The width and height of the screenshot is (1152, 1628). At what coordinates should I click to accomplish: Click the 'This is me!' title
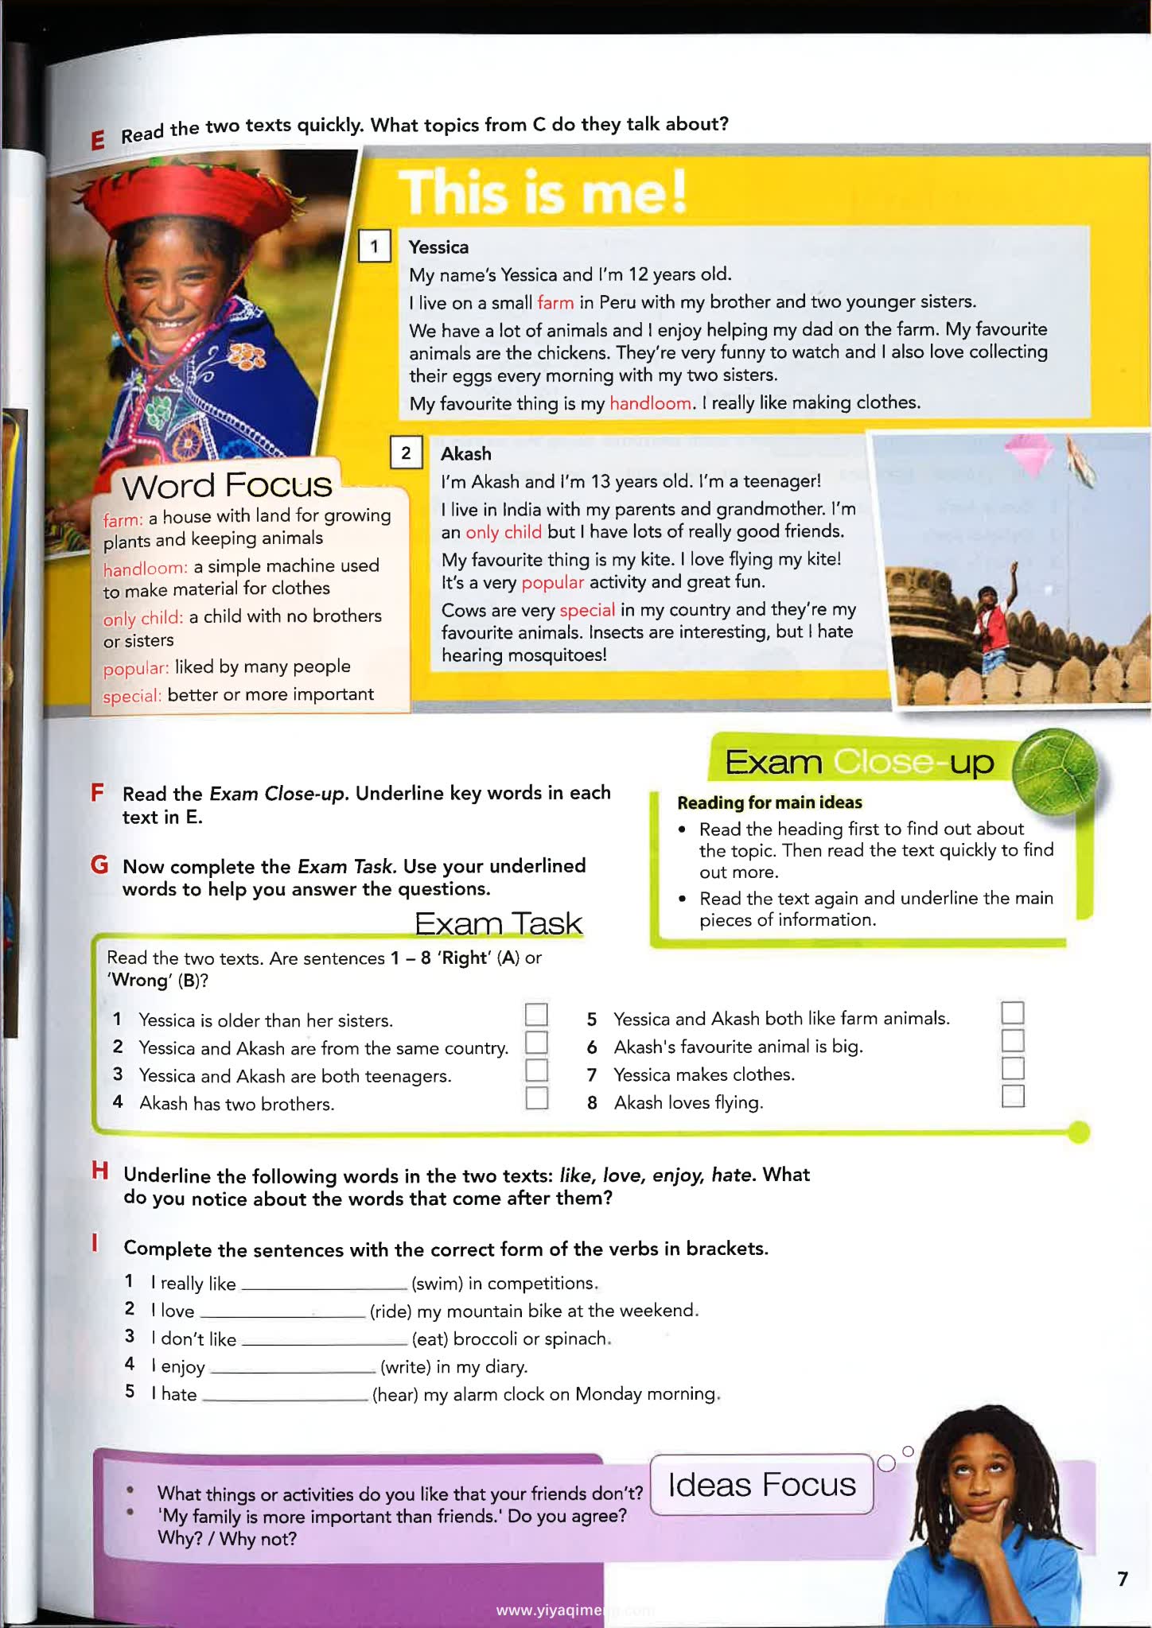tap(543, 193)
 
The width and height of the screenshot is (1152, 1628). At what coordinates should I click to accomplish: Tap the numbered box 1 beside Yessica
tap(374, 246)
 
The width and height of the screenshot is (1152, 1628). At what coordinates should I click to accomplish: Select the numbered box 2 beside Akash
tap(406, 453)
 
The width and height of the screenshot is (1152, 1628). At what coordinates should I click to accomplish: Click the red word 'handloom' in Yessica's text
tap(650, 403)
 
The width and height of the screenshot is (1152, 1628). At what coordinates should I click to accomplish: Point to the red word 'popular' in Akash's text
tap(552, 582)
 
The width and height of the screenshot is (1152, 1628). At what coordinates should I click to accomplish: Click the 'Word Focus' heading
tap(227, 485)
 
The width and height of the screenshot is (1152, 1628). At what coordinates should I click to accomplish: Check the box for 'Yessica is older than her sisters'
tap(536, 1014)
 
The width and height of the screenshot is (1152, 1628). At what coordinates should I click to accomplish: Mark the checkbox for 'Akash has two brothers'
tap(536, 1098)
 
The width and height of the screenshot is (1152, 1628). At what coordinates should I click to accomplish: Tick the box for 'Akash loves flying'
tap(1012, 1096)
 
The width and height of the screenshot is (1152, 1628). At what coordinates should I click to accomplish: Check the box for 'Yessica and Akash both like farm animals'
tap(1012, 1012)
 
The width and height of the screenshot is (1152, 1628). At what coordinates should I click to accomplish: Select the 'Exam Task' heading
tap(498, 923)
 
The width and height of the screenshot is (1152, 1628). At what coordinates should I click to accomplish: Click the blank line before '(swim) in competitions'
tap(324, 1284)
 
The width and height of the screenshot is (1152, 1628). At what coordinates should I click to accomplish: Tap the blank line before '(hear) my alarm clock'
tap(286, 1395)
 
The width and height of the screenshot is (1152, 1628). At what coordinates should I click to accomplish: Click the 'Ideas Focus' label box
tap(761, 1484)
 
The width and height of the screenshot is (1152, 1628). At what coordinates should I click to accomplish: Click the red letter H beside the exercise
tap(99, 1171)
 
